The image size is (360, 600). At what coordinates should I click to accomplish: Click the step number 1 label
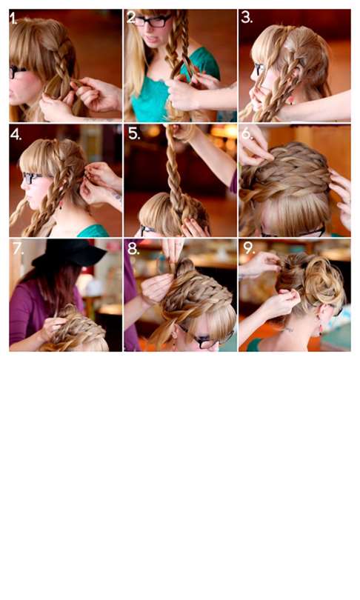(13, 19)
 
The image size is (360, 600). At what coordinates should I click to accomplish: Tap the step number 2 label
(132, 17)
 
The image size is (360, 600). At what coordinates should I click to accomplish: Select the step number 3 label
(247, 17)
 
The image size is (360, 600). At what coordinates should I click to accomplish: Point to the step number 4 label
(16, 134)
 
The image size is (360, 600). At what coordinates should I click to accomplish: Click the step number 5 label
(134, 133)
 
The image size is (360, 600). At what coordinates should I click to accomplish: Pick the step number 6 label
(247, 133)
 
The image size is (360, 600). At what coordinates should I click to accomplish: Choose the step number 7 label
(18, 249)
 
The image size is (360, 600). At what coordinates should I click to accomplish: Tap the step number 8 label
(133, 249)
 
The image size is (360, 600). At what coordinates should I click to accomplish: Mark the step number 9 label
(249, 248)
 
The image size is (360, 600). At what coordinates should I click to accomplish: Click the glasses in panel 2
(153, 21)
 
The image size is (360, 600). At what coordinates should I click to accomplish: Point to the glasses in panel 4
(32, 178)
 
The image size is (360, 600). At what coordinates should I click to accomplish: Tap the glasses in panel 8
(207, 339)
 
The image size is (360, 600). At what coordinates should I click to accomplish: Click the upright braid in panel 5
(176, 172)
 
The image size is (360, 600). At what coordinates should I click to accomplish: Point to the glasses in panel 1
(17, 71)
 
